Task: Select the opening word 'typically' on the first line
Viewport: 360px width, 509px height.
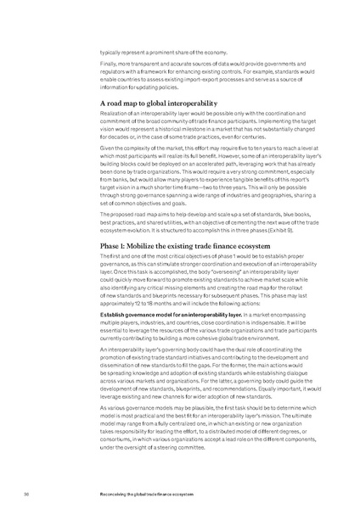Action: pos(110,50)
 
